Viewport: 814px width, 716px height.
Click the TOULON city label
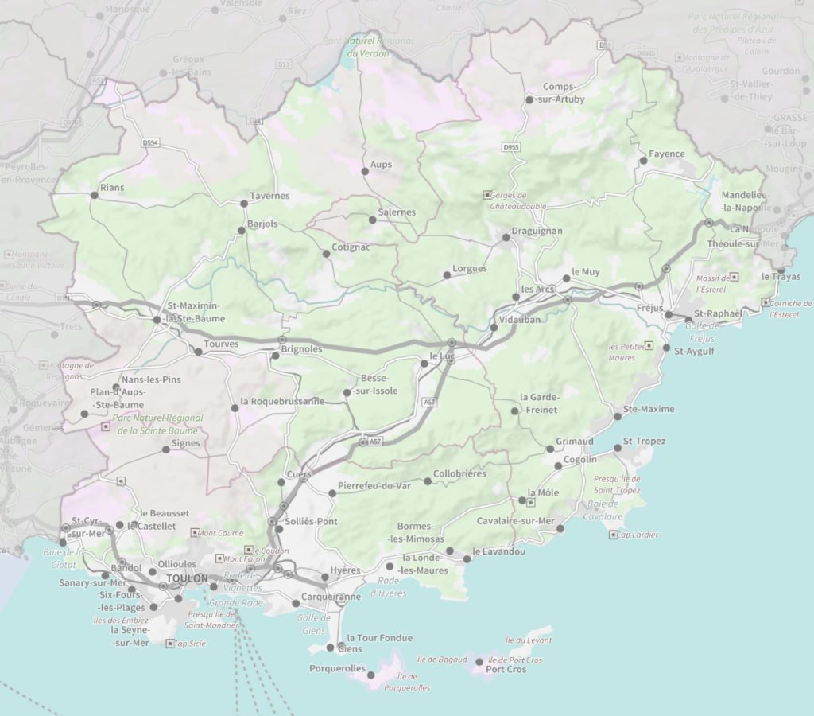188,578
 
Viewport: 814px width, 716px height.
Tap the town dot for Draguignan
506,237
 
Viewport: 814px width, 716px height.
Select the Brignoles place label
300,348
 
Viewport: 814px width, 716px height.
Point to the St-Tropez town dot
618,449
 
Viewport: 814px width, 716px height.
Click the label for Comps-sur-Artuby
564,93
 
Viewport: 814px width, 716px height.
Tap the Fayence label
666,154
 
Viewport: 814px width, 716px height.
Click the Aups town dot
365,171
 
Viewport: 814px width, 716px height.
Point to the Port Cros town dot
479,662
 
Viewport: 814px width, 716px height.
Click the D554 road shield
150,142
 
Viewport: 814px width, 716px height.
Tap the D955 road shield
511,147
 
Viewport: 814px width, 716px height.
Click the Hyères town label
345,570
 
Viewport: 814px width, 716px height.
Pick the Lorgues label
469,268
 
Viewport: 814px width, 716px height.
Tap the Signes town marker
166,449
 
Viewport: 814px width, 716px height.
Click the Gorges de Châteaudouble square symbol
486,194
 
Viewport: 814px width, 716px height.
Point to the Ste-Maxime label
649,409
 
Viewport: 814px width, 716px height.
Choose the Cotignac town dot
326,254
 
